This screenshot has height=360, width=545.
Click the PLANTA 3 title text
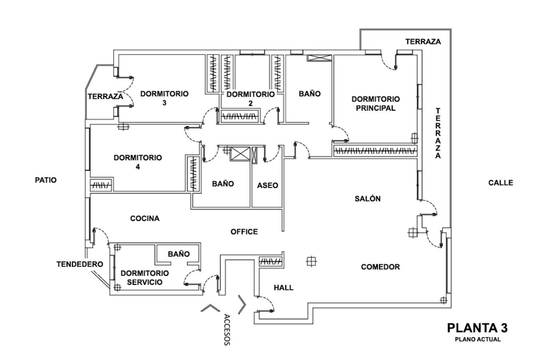tap(477, 328)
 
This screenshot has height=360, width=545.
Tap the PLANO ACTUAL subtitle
tap(477, 339)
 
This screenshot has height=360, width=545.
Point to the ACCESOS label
tap(227, 329)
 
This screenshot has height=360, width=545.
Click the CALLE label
tap(500, 183)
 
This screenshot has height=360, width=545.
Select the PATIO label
tap(46, 180)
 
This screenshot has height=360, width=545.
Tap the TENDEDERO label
tap(80, 264)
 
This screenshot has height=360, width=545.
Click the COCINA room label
tap(145, 219)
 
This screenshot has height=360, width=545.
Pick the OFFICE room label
tap(244, 232)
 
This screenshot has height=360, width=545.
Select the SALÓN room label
tap(367, 199)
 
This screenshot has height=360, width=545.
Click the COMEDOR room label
tap(380, 267)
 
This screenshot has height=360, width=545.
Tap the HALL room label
tap(283, 288)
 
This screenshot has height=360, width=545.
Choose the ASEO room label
tap(267, 185)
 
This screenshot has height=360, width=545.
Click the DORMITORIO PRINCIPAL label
tap(375, 104)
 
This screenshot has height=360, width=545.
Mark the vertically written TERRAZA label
tap(438, 133)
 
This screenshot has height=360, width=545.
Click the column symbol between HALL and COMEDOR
tap(311, 261)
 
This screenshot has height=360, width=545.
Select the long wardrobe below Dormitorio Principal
tap(375, 151)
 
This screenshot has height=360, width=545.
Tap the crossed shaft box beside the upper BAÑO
tap(319, 57)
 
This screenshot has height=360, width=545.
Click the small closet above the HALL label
tap(271, 261)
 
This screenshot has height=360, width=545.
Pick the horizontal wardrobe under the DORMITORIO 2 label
tap(240, 116)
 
